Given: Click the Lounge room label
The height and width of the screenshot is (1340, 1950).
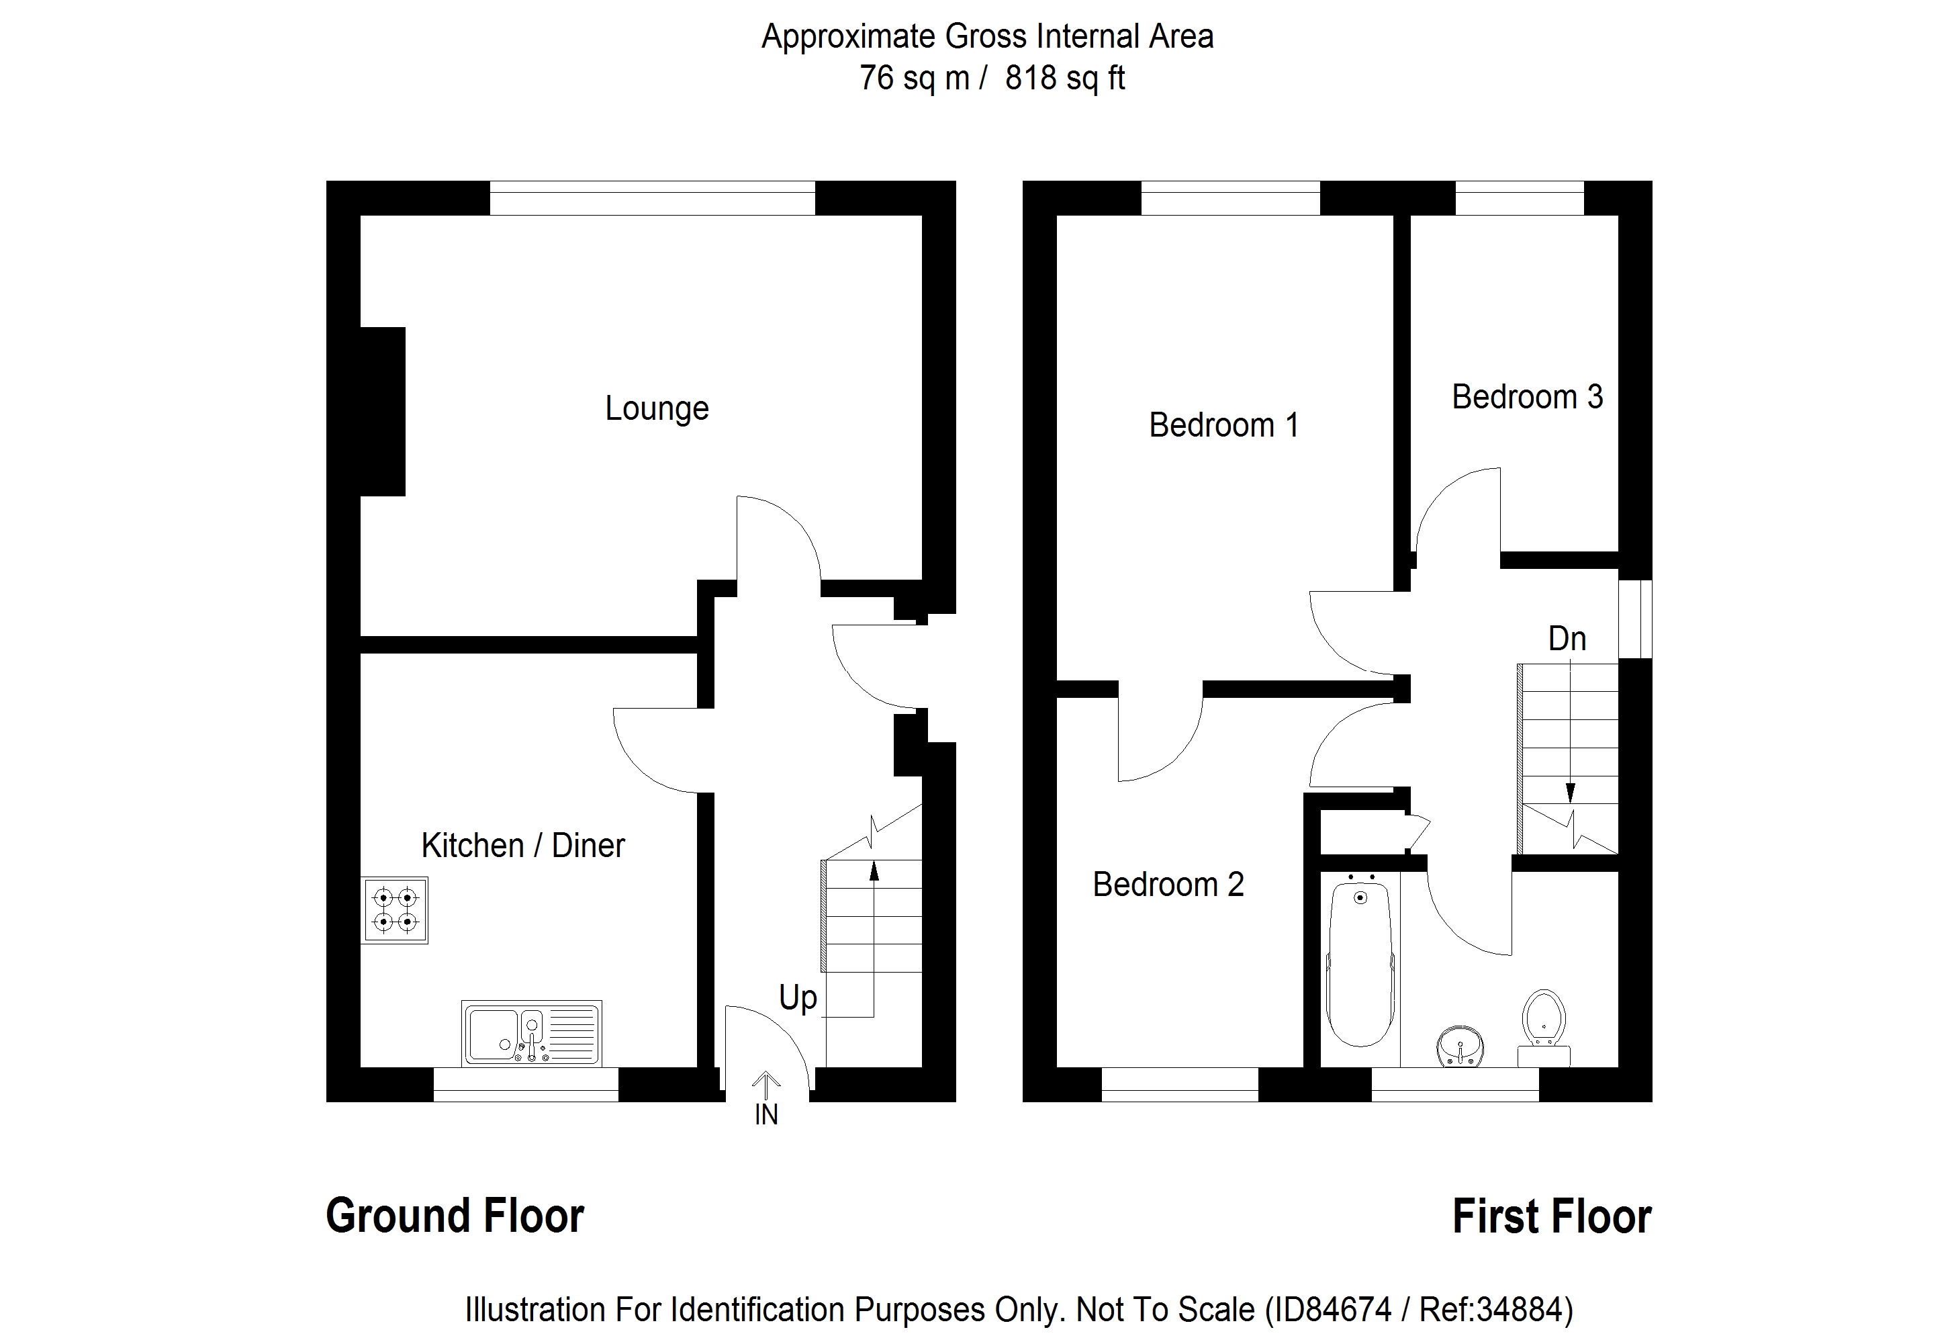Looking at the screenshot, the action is click(657, 409).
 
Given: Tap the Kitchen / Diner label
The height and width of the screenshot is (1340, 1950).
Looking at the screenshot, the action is click(523, 846).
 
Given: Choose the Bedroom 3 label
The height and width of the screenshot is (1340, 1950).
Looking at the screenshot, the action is click(1527, 396).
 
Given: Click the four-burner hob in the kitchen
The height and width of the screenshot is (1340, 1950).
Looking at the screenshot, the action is click(395, 910).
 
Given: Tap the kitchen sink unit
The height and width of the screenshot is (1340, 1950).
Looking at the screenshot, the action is click(531, 1034).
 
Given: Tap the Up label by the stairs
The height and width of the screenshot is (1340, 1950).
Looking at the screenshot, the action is click(798, 997).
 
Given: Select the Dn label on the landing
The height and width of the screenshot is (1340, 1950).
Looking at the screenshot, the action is click(1567, 639).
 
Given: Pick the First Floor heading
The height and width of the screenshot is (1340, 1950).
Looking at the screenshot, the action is click(1551, 1216).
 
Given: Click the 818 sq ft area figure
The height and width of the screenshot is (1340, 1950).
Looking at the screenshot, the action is click(1064, 78).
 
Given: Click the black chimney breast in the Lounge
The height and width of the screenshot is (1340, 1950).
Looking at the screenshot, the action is click(383, 411).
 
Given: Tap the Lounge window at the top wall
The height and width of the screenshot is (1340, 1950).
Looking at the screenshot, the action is click(652, 198).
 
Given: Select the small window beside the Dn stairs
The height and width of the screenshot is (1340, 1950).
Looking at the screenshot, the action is click(1634, 619).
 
